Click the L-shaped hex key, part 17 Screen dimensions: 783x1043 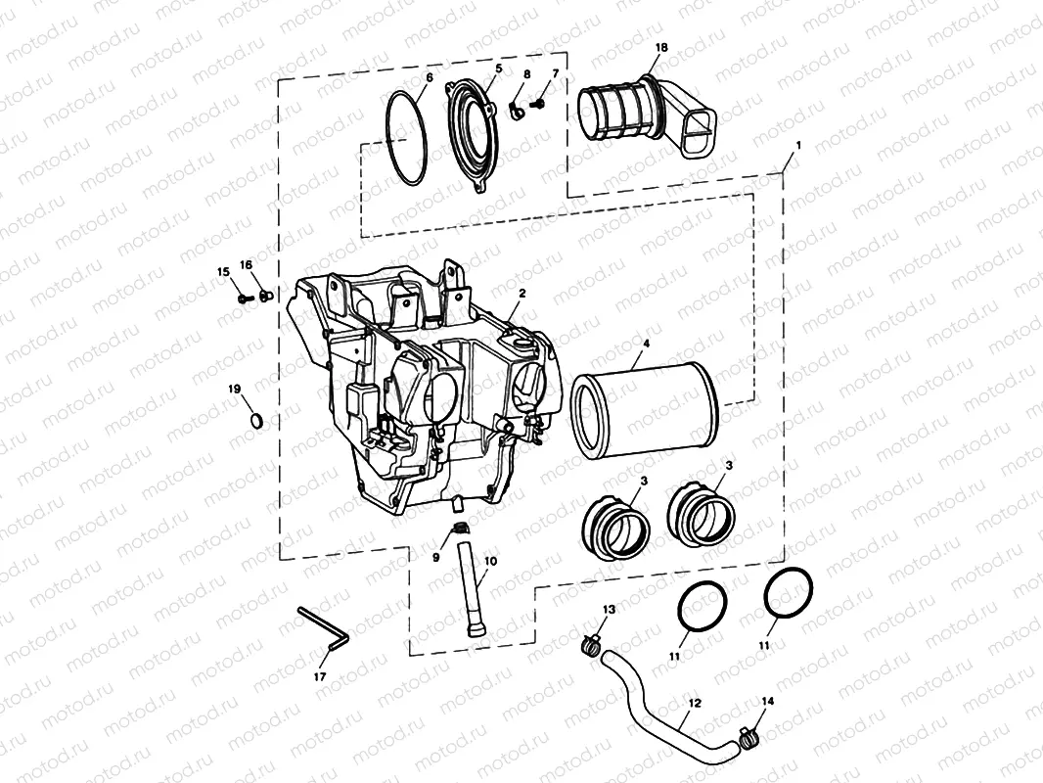[x=324, y=630]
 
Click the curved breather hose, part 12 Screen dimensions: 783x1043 [x=665, y=705]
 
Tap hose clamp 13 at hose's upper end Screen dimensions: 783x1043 [x=590, y=643]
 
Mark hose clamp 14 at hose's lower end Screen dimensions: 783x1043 [x=749, y=732]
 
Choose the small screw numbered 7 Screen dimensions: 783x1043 [x=537, y=102]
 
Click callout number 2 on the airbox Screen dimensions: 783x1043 [x=522, y=293]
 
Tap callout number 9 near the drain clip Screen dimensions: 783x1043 [x=437, y=557]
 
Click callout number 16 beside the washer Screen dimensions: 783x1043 [x=246, y=265]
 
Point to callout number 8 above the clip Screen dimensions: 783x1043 [x=527, y=74]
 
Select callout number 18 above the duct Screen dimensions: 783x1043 [x=661, y=47]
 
